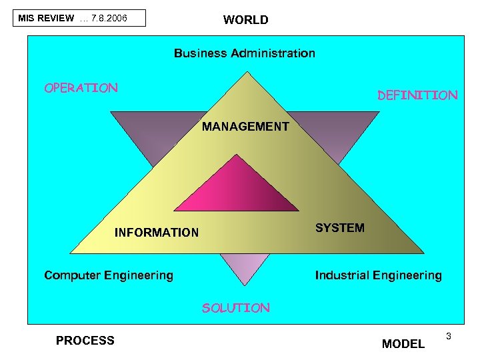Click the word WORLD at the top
tap(246, 20)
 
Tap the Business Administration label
tap(245, 53)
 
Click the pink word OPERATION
tap(81, 87)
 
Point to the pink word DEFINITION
tap(417, 95)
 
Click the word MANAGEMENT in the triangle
tap(245, 126)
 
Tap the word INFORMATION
tap(157, 233)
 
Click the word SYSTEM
tap(340, 228)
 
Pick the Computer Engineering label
tap(109, 275)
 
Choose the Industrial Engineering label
tap(378, 275)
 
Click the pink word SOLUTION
tap(236, 308)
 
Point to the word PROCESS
tap(85, 341)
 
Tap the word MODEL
tap(403, 344)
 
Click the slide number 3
tap(449, 335)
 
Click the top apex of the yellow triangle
tap(247, 75)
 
